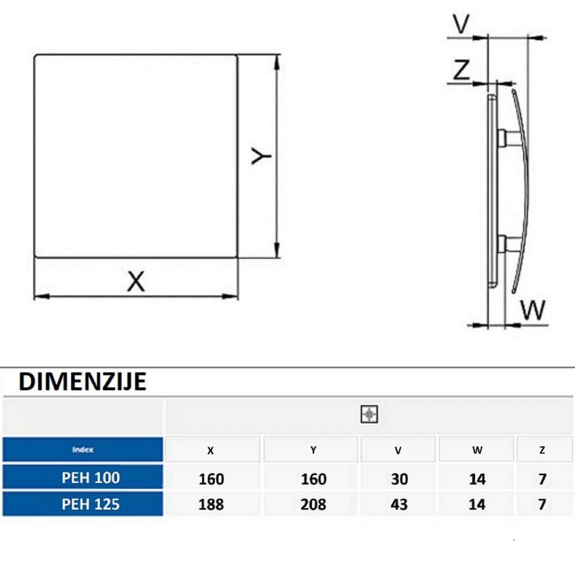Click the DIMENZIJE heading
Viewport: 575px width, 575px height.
point(82,382)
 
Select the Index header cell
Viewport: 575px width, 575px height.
point(83,449)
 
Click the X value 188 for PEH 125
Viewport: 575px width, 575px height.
point(211,505)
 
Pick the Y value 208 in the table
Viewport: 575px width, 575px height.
point(313,505)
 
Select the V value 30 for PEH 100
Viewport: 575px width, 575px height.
point(399,479)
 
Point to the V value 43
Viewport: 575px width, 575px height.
point(399,505)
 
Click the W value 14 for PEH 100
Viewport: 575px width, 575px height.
point(477,479)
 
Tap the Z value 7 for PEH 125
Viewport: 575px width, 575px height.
point(542,505)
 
